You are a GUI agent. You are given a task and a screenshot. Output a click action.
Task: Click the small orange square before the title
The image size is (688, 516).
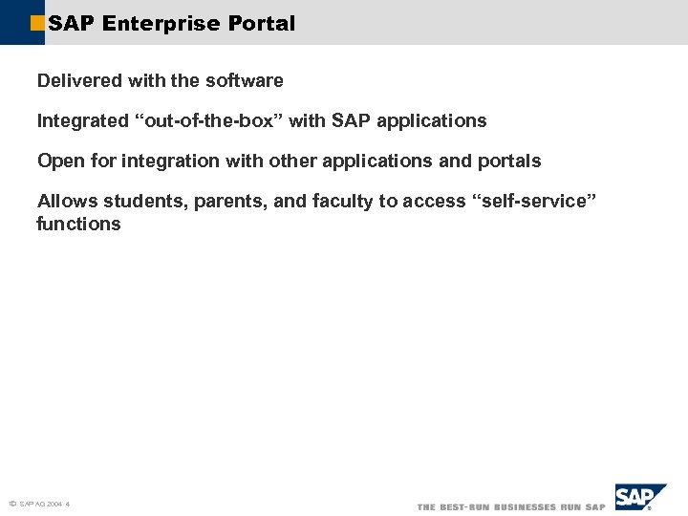click(37, 24)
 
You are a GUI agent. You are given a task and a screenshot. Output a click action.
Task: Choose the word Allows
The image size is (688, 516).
click(67, 201)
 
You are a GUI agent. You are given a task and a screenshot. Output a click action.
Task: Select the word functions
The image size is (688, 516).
click(78, 225)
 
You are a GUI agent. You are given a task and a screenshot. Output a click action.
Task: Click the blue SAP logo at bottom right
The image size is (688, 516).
click(638, 498)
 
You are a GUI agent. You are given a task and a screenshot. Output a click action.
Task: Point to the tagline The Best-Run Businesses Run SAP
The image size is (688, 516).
click(510, 506)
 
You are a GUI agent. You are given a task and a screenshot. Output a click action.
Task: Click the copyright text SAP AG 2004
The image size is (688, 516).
click(41, 504)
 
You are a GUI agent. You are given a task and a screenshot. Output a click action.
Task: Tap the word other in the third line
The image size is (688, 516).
click(290, 161)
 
